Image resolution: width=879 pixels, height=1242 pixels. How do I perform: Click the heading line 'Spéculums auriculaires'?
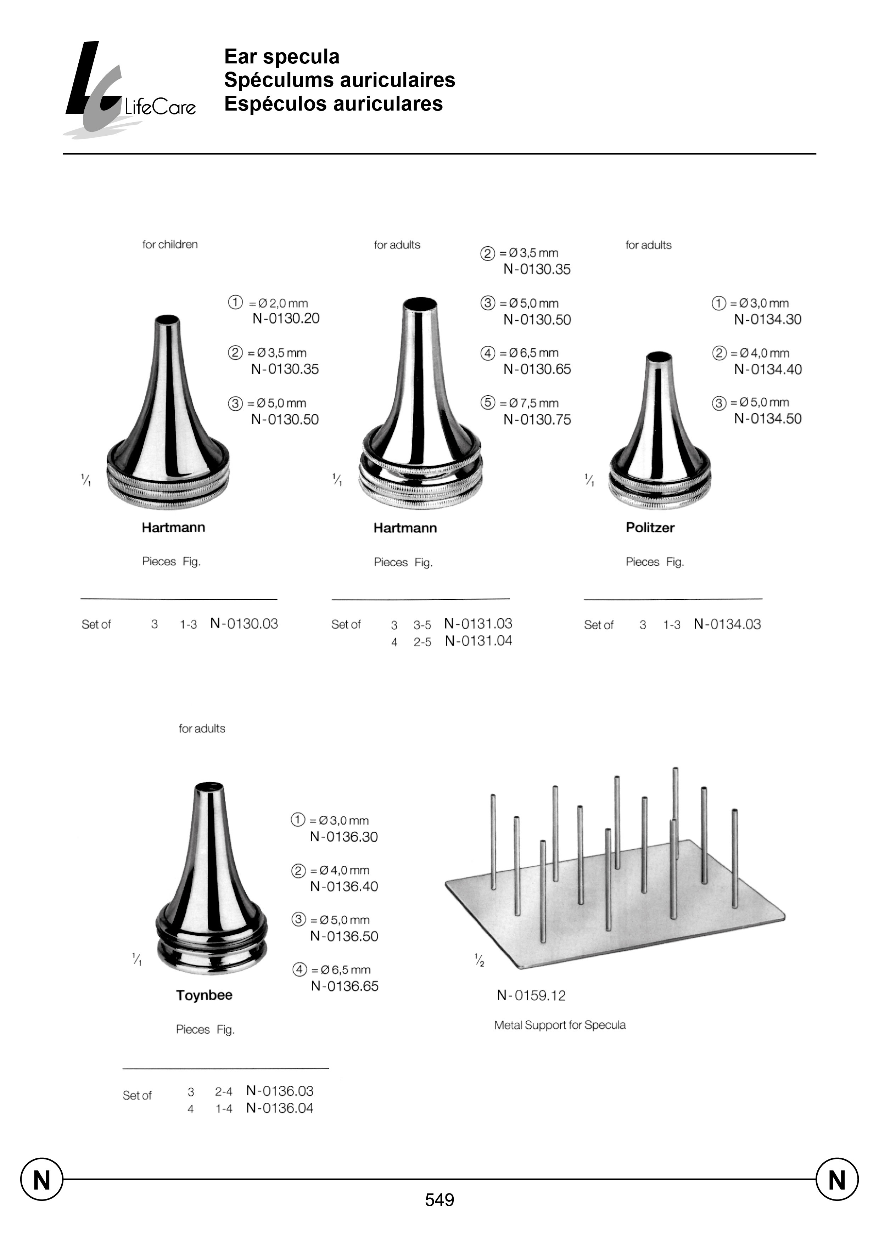pos(339,80)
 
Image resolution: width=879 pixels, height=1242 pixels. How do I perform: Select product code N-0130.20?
pos(286,319)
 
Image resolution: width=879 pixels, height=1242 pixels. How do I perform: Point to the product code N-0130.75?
pos(537,420)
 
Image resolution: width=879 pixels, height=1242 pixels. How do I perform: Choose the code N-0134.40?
pos(767,370)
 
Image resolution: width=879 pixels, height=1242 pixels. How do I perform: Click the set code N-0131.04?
pos(478,641)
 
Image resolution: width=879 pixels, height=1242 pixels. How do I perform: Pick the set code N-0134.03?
pos(727,624)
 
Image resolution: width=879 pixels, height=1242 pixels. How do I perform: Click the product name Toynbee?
pos(204,995)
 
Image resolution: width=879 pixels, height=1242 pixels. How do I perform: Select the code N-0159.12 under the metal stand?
pos(531,996)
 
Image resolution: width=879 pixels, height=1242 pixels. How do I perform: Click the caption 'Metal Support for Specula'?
pos(560,1025)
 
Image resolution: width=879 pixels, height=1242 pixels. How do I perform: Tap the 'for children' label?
pos(170,245)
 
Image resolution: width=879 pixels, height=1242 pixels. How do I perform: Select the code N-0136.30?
pos(344,837)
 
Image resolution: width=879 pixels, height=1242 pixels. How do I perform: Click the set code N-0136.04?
pos(280,1108)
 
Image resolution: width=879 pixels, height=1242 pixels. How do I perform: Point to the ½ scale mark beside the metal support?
pos(479,961)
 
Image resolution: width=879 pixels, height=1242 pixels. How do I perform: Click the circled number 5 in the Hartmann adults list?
pos(488,403)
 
